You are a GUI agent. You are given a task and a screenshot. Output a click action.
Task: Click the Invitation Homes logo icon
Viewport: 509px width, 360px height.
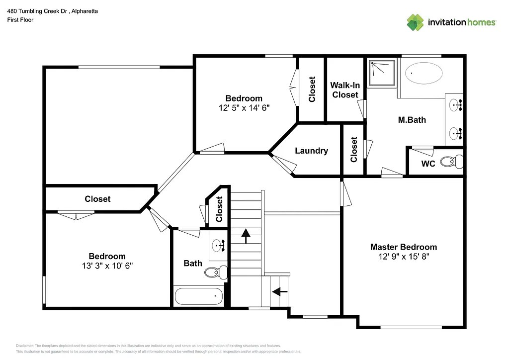tap(415, 22)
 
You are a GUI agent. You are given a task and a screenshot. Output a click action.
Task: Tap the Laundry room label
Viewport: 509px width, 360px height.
tap(311, 151)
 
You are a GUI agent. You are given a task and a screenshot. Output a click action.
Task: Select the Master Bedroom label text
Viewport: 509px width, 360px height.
tap(403, 247)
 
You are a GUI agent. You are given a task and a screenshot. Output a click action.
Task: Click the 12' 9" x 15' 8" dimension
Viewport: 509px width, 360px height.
tap(403, 257)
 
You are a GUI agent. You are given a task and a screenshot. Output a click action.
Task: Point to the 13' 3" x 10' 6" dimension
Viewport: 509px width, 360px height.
tap(107, 266)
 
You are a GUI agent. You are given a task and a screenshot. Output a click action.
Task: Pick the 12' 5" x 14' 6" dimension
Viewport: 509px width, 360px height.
tap(244, 107)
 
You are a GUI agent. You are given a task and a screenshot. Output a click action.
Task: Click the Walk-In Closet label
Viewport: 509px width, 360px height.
tap(345, 90)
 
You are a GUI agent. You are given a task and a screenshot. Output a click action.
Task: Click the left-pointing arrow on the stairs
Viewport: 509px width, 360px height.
tap(280, 292)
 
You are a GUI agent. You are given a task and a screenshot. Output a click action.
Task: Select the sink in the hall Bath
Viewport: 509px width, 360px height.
tap(219, 245)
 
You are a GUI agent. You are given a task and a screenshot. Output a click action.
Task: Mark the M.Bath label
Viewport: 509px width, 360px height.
tap(412, 120)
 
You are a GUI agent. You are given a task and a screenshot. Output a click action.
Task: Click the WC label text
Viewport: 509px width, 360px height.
tap(428, 164)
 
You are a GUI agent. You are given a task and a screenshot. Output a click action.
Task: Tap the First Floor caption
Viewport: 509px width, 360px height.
tap(20, 20)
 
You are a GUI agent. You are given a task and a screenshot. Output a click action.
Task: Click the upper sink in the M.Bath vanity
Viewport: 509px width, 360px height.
tap(455, 105)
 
